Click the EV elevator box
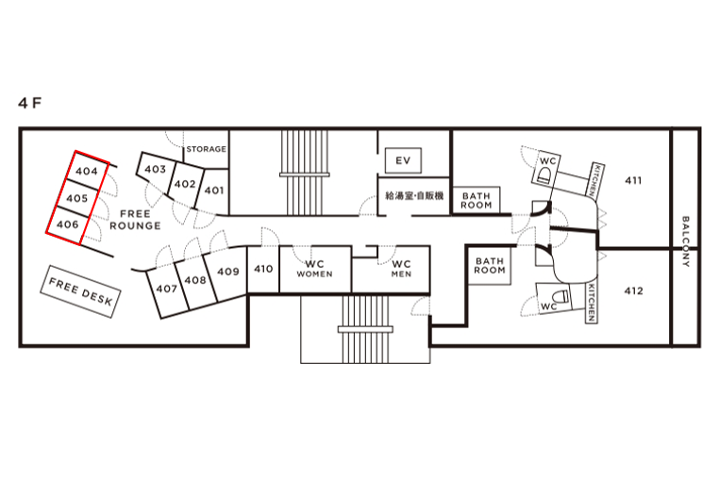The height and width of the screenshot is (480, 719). tap(403, 160)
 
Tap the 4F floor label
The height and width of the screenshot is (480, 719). tap(30, 103)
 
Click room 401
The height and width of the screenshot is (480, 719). tap(213, 190)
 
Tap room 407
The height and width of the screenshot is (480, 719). tap(166, 289)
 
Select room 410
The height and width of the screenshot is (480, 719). tap(263, 269)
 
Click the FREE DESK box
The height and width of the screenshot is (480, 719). tap(81, 291)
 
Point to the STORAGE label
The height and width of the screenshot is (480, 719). tap(207, 149)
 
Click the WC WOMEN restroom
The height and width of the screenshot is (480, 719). tap(315, 269)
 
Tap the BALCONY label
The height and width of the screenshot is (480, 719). tap(686, 241)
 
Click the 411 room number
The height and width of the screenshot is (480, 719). tap(633, 181)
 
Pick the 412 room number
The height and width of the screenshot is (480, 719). tap(633, 291)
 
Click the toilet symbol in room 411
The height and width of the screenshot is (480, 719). tap(543, 175)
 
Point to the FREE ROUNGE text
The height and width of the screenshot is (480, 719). tap(135, 220)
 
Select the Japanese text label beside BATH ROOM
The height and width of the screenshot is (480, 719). tap(414, 196)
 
